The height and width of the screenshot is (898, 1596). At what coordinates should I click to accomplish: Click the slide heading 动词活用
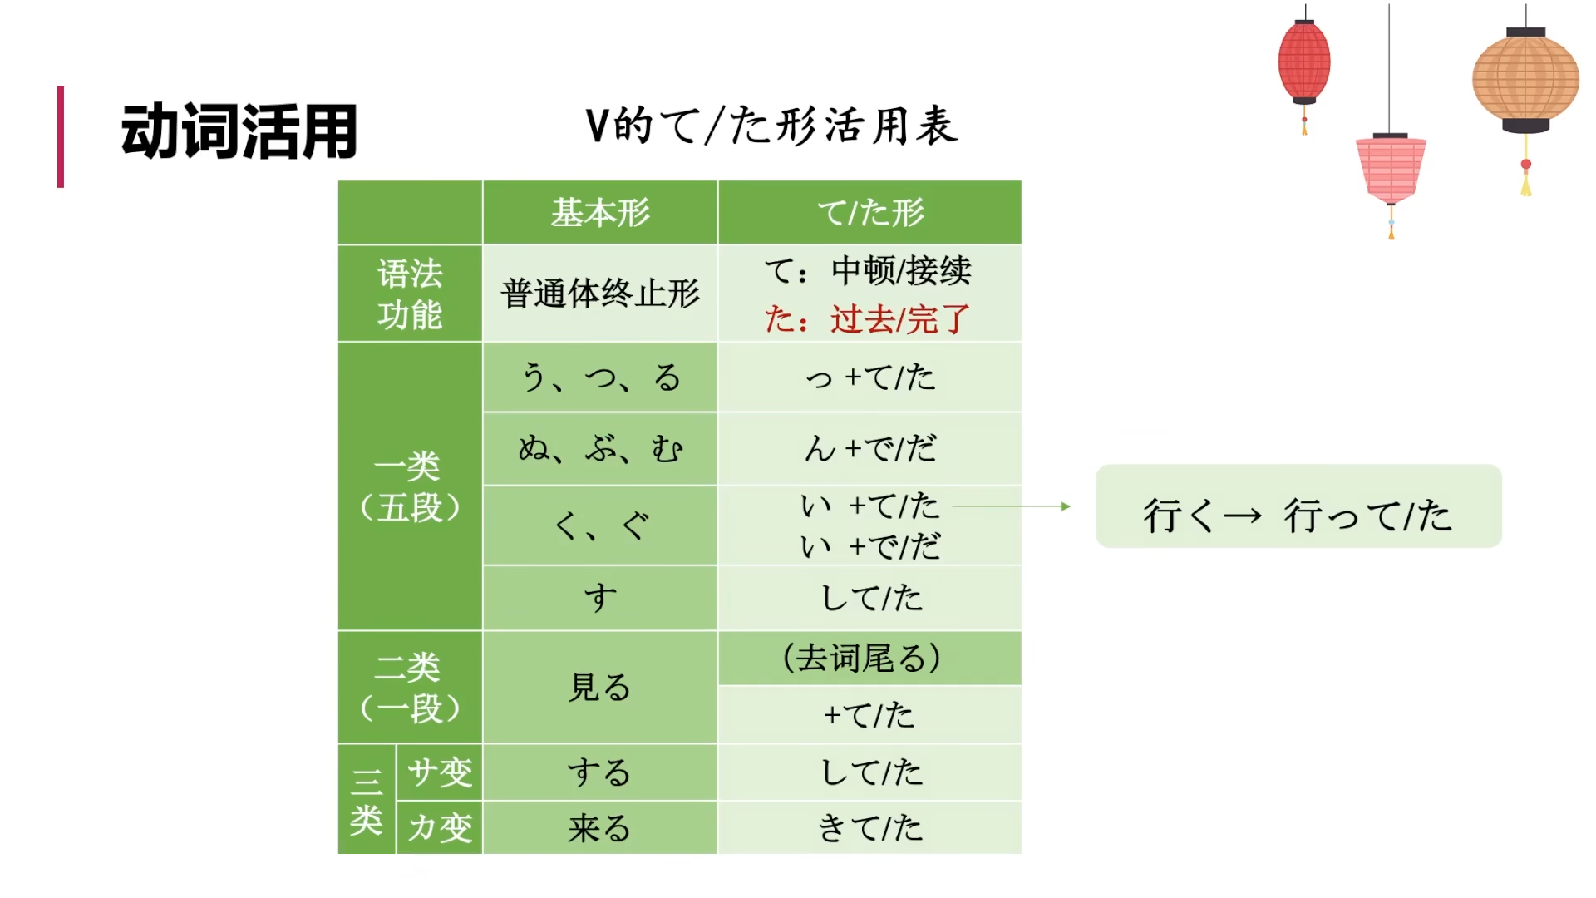[239, 131]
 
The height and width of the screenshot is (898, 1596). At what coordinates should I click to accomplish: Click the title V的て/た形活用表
[771, 126]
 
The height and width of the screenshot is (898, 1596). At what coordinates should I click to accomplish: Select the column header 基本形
[600, 213]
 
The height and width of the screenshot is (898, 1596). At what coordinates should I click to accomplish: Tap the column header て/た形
[870, 213]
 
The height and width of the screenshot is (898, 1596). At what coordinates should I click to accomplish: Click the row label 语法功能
[410, 294]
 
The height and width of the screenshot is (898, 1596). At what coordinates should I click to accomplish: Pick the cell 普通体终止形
[600, 294]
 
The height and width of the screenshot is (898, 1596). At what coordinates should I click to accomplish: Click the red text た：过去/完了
[867, 319]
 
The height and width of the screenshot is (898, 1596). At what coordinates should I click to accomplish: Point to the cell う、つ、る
[600, 377]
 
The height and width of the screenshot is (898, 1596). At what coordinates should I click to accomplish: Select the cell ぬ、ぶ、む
[600, 449]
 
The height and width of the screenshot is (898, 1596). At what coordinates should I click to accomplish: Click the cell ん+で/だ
[870, 449]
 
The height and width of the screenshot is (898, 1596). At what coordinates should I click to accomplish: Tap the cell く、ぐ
[600, 525]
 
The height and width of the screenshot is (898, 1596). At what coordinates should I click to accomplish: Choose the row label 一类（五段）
[410, 486]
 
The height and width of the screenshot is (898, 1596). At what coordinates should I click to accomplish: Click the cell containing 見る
[600, 688]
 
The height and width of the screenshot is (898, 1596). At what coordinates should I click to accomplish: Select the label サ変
[440, 772]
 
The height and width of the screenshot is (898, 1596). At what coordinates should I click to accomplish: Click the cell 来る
[600, 828]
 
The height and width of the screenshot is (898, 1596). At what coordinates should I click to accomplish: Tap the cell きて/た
[870, 828]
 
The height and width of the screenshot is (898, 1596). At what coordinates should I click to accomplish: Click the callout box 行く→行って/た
[1298, 506]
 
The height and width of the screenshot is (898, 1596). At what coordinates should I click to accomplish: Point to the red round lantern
[1303, 62]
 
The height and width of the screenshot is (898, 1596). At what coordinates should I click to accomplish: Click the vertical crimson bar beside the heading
[61, 137]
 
